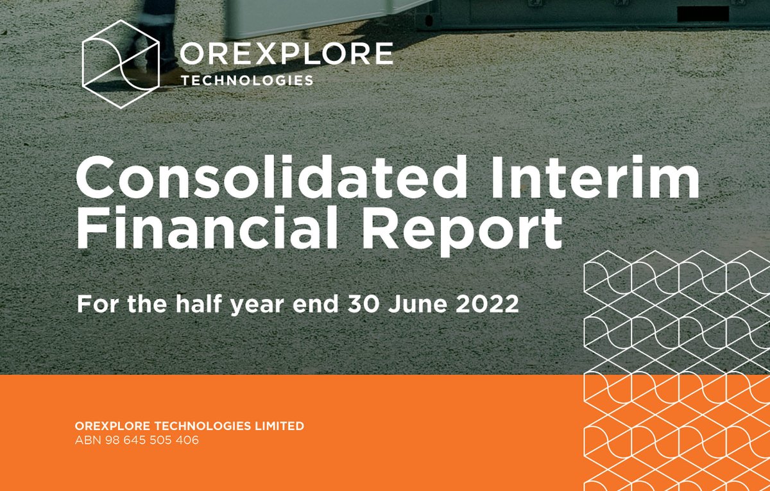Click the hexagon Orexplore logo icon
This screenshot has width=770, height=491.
click(121, 63)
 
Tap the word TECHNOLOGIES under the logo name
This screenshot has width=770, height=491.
click(248, 80)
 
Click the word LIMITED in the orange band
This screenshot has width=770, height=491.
click(280, 426)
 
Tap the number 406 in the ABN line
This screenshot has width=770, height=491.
click(186, 441)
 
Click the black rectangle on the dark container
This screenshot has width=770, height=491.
click(703, 13)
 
